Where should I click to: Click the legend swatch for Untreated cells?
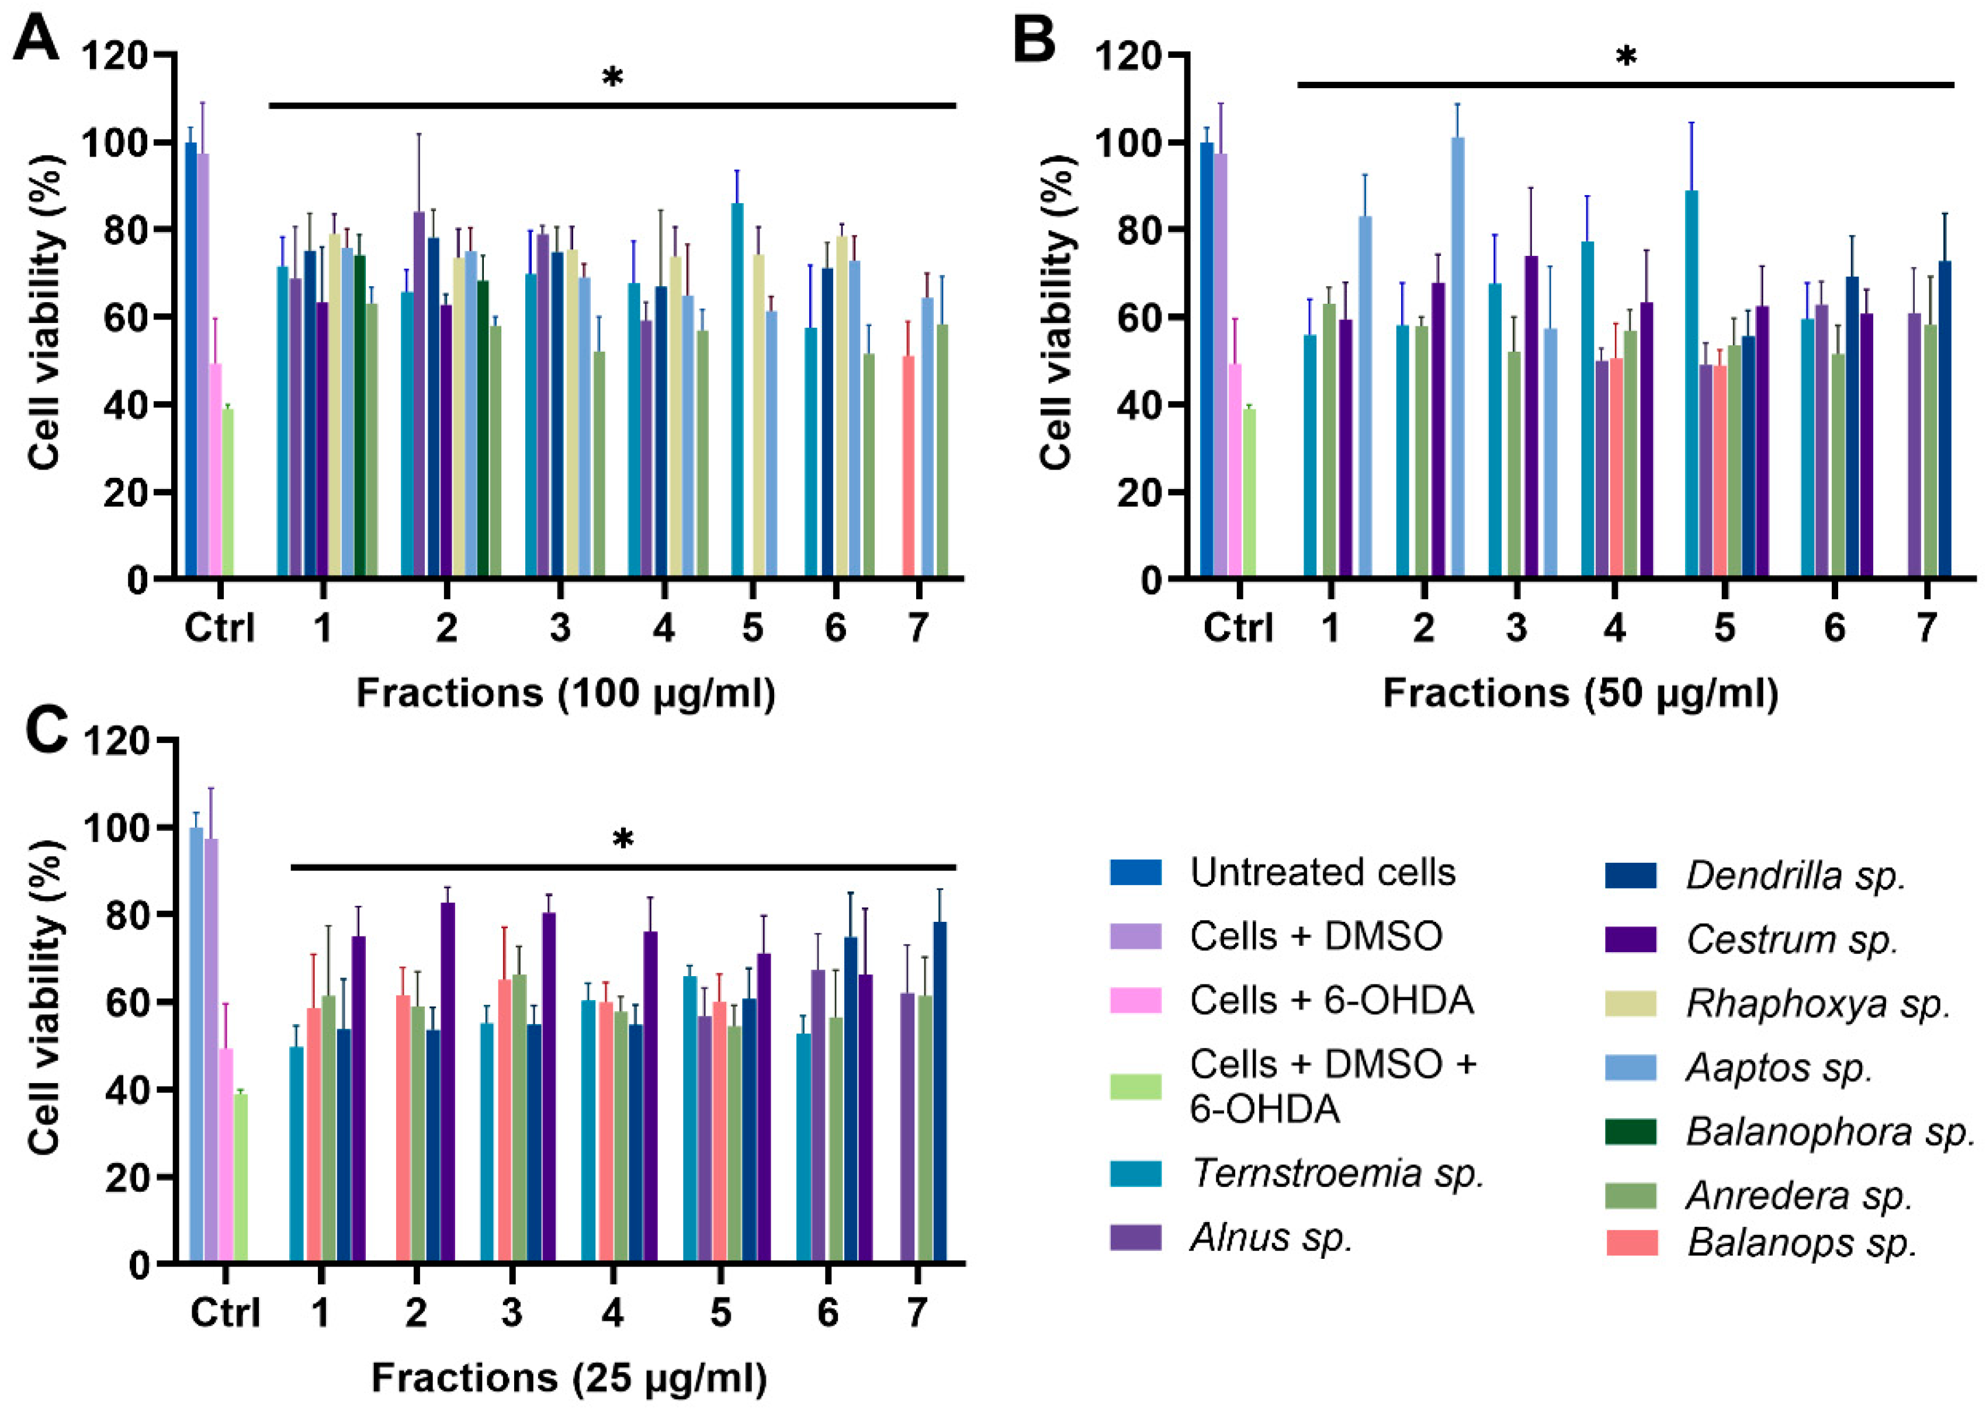click(1136, 872)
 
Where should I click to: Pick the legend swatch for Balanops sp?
click(1631, 1243)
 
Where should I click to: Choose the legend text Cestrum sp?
click(1791, 939)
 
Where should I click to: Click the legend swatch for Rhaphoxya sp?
click(1631, 1003)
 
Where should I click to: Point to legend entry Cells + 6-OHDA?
click(1331, 1000)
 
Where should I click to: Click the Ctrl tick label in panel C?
click(225, 1312)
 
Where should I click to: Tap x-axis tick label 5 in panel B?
click(1724, 626)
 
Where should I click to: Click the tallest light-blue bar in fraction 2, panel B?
click(1458, 356)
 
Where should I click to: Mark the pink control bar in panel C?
click(226, 1154)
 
